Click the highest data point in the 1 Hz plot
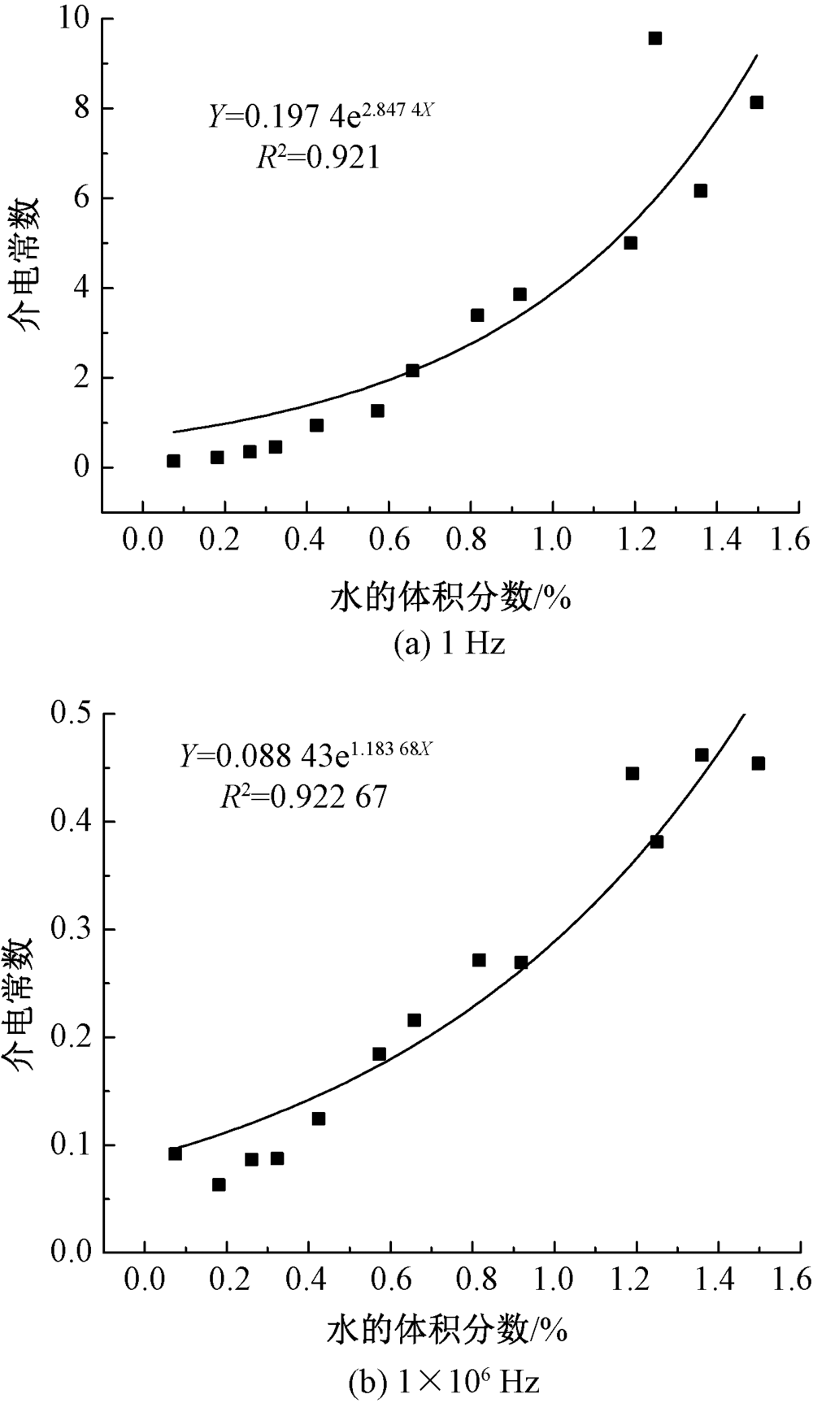654,38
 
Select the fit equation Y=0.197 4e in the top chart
320,116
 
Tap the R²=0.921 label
319,157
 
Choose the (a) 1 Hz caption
449,645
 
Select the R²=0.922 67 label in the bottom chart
304,797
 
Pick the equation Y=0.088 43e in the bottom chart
305,757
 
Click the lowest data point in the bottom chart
219,1185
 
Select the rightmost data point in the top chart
756,102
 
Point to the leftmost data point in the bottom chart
175,1153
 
